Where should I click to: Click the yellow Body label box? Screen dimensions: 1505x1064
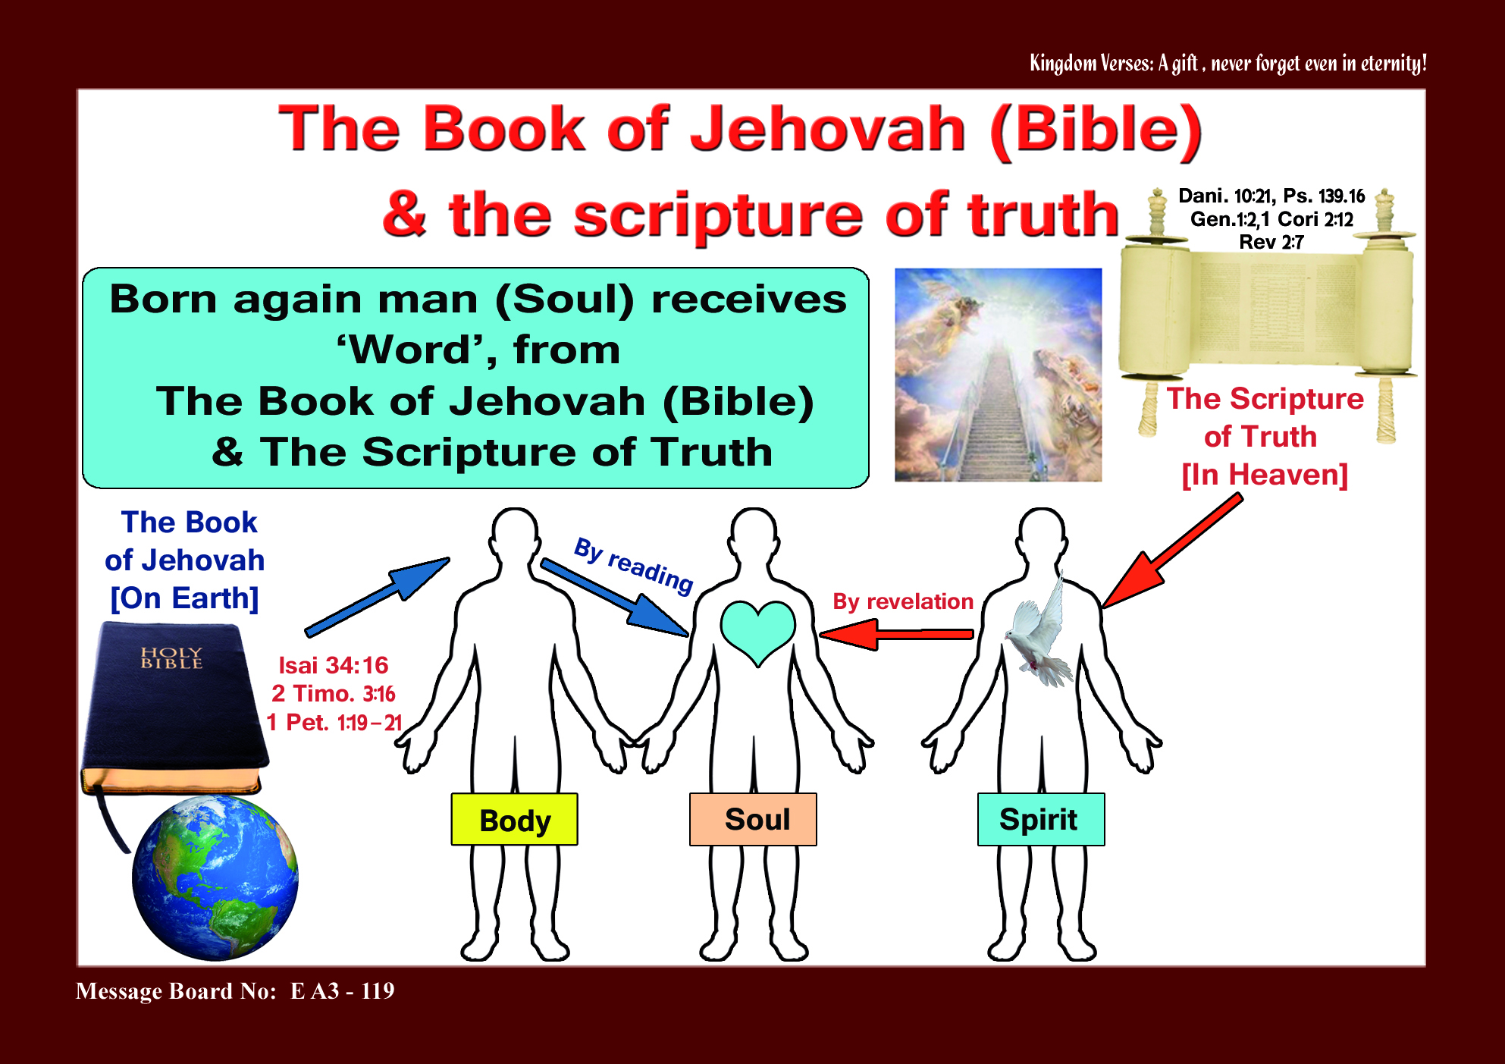tap(514, 819)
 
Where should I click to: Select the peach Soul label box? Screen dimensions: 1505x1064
tap(753, 819)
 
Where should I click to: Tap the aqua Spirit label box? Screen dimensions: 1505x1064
tap(1041, 819)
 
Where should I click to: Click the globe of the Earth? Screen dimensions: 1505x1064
tap(215, 878)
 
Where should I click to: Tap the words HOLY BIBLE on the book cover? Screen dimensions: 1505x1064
tap(172, 658)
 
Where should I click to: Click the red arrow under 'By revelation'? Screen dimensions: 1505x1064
tap(896, 634)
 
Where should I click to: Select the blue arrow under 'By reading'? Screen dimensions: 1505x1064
tap(614, 597)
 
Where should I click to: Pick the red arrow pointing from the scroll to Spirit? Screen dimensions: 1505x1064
tap(1171, 551)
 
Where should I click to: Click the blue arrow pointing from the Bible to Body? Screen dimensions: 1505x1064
tap(377, 597)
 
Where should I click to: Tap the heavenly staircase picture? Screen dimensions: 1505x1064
tap(998, 375)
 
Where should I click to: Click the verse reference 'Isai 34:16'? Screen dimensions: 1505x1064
tap(334, 665)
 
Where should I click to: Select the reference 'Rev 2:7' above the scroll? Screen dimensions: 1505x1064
tap(1271, 243)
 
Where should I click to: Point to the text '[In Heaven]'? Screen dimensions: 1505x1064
tap(1265, 476)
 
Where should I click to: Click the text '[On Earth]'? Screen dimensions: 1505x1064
tap(185, 598)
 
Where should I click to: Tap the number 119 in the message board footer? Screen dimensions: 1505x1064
tap(378, 991)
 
